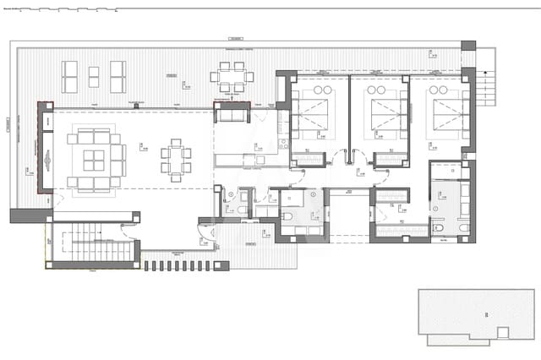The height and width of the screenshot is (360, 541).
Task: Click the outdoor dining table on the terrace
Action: [232, 76]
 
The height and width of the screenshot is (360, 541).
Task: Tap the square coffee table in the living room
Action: [93, 160]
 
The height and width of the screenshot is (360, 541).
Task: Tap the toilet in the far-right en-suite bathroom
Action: [462, 227]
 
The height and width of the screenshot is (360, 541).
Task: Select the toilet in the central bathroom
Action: [286, 217]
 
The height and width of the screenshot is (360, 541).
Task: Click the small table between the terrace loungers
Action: [93, 75]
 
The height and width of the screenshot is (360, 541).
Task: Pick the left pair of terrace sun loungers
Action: [69, 76]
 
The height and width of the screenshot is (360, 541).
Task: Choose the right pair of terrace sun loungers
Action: [117, 76]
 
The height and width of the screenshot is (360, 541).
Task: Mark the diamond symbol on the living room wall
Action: [48, 160]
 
